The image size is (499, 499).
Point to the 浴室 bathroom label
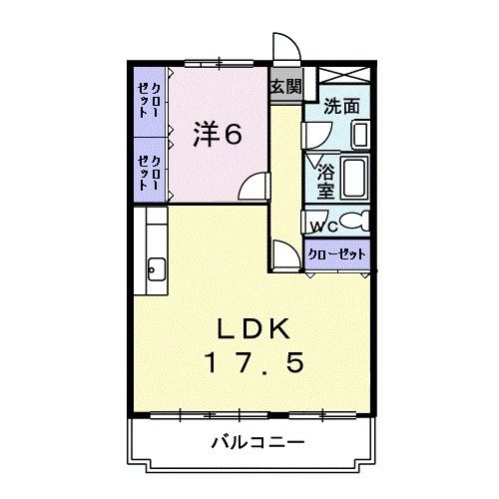[325, 179]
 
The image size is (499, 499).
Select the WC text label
[319, 225]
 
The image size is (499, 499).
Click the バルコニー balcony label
[256, 440]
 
